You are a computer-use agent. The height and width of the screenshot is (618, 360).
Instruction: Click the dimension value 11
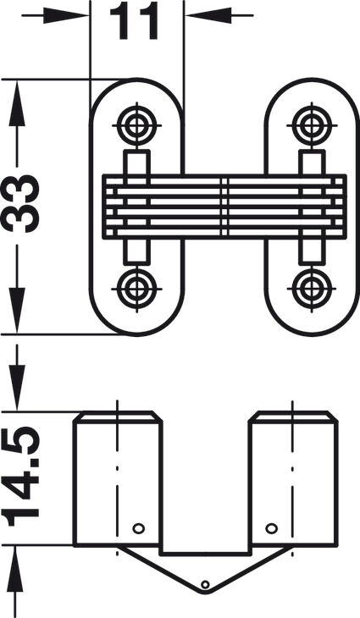(x=134, y=21)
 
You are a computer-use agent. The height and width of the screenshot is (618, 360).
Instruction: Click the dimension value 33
(x=20, y=203)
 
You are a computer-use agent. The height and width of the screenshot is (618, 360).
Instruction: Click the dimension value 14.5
(x=20, y=476)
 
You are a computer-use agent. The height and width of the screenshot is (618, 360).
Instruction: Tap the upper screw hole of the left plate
(x=137, y=126)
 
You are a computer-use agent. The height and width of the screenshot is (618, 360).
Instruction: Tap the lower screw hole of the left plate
(x=137, y=289)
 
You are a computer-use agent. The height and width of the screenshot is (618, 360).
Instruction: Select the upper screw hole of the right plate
(x=312, y=126)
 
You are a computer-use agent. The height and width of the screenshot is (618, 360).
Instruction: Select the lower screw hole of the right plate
(x=312, y=289)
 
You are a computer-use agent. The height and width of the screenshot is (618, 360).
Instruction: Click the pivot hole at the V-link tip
(x=205, y=584)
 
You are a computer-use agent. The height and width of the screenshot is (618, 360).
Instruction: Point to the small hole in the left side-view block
(x=138, y=528)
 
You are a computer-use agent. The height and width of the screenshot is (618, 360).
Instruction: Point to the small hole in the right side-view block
(x=271, y=528)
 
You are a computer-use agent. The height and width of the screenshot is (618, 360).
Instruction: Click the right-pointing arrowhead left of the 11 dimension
(x=66, y=16)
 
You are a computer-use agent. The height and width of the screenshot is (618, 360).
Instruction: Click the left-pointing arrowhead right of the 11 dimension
(x=208, y=16)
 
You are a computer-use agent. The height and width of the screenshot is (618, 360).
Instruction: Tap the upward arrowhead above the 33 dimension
(x=17, y=103)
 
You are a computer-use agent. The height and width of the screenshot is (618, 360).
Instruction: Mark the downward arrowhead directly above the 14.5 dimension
(x=17, y=388)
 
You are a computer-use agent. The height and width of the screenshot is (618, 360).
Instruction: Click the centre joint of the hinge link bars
(x=224, y=207)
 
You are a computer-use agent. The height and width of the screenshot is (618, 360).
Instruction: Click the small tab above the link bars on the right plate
(x=312, y=162)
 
